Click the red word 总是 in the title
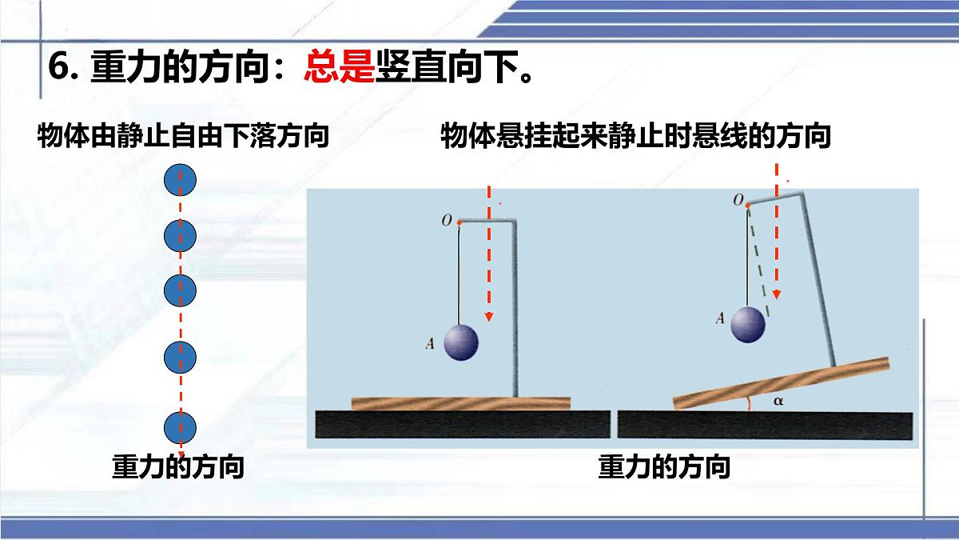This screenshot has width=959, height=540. click(339, 68)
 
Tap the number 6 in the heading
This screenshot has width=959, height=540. click(57, 68)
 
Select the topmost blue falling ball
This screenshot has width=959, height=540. click(180, 181)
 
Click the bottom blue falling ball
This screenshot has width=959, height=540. click(180, 430)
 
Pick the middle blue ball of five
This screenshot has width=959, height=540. click(180, 292)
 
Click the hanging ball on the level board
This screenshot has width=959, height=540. click(460, 342)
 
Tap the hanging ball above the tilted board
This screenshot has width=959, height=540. click(750, 323)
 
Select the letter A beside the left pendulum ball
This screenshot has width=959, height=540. click(431, 345)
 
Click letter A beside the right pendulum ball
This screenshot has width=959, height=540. click(720, 318)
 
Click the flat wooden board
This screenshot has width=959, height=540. click(460, 402)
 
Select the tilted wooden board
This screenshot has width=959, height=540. click(782, 382)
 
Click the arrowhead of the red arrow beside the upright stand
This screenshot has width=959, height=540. click(489, 317)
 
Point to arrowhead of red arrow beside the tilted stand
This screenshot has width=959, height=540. click(775, 294)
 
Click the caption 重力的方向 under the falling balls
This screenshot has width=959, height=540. click(177, 466)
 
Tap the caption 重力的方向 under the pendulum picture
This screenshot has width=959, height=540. click(664, 466)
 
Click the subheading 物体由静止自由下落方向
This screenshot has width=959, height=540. click(184, 137)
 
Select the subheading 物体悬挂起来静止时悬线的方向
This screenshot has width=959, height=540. click(635, 137)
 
